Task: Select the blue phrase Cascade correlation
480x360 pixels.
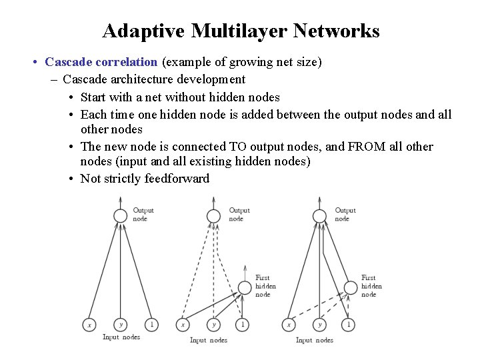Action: pos(101,62)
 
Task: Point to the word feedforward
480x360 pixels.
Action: pos(177,178)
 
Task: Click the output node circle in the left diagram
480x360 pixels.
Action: pos(120,215)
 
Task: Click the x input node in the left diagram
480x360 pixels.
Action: pos(89,325)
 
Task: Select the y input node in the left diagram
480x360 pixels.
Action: pos(120,325)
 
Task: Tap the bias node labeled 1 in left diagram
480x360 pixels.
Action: pos(152,325)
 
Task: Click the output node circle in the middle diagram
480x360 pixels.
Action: pos(213,215)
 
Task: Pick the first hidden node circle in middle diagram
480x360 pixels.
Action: pos(245,288)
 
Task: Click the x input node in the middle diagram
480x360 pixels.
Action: pos(182,325)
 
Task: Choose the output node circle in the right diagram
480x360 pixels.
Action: pos(320,215)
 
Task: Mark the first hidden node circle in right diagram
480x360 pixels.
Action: pos(351,288)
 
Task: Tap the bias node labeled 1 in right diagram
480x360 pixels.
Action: pos(348,325)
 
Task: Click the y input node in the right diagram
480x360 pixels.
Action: pos(320,325)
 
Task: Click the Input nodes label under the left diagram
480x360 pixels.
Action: pos(121,337)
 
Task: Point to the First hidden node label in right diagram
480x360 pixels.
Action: pos(371,286)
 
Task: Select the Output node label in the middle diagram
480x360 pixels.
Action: pos(239,214)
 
